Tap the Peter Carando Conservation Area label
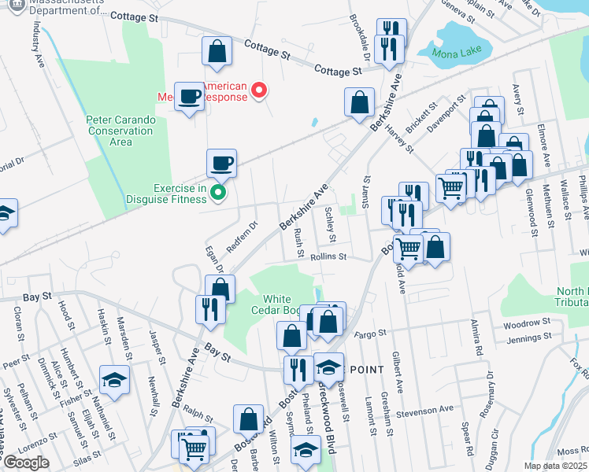point(120,131)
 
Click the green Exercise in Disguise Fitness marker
point(220,191)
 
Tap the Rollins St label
point(328,256)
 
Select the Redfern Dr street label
point(243,234)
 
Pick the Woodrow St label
point(525,323)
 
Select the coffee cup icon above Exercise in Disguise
point(221,163)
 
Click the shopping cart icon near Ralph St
point(193,448)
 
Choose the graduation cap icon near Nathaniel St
point(114,382)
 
